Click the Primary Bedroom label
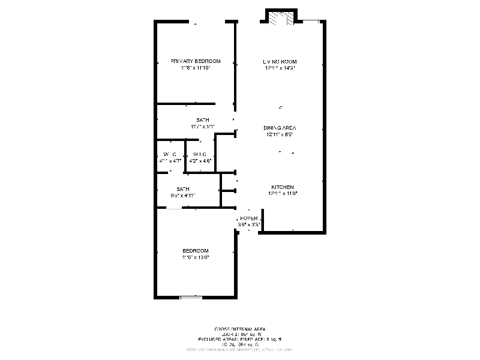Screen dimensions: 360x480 click(195, 61)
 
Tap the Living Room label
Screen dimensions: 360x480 click(280, 62)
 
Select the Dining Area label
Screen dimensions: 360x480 click(280, 128)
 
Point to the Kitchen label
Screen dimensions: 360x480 click(282, 187)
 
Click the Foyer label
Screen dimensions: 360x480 click(248, 218)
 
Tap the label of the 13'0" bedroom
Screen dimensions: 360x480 click(196, 250)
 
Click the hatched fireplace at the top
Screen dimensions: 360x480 click(281, 19)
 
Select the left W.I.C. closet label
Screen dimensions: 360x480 click(170, 155)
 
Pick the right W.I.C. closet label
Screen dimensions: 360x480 click(200, 155)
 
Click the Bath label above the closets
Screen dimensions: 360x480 click(203, 120)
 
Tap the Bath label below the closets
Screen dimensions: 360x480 click(183, 188)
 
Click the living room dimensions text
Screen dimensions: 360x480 click(280, 68)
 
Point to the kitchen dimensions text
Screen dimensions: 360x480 click(282, 194)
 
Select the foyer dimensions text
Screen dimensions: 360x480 click(248, 224)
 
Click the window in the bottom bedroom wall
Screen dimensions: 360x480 click(190, 296)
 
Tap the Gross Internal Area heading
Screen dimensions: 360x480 click(240, 329)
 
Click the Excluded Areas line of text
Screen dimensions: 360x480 click(240, 339)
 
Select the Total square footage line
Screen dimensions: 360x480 click(240, 344)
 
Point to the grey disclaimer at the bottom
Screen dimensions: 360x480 click(240, 349)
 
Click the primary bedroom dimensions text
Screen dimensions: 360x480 click(195, 68)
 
